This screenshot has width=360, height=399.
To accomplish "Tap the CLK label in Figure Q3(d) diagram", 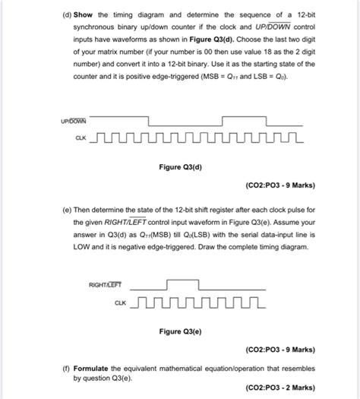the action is coord(81,138).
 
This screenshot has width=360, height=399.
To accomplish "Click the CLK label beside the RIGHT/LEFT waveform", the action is coord(120,302).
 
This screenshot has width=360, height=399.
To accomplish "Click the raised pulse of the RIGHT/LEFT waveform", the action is coord(183,282).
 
